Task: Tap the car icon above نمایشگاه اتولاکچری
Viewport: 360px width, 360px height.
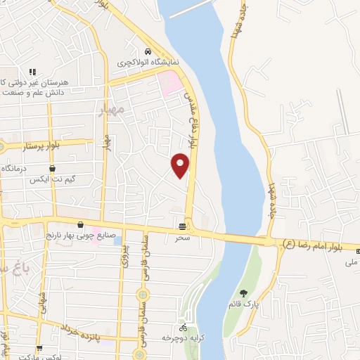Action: click(147, 51)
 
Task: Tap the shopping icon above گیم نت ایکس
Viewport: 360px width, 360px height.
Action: click(53, 169)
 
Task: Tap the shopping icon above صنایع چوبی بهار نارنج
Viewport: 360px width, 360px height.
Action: click(80, 225)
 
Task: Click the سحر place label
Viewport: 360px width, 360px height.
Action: click(183, 238)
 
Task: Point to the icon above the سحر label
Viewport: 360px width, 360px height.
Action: click(183, 226)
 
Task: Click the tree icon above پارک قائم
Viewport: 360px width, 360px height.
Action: click(243, 293)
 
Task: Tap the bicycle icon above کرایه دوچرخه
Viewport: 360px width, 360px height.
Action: click(183, 327)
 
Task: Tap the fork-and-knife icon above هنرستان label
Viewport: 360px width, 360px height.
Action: click(32, 72)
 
